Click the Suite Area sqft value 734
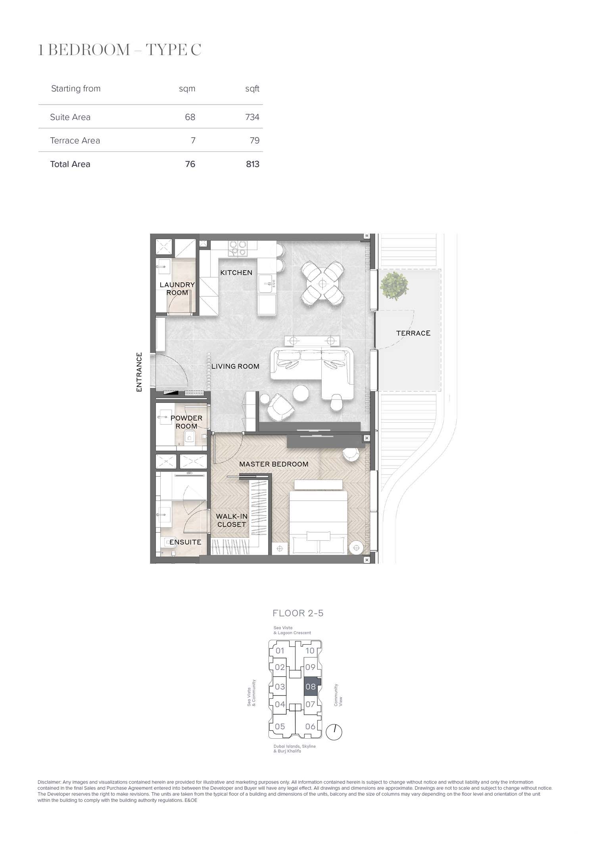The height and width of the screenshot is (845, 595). click(252, 117)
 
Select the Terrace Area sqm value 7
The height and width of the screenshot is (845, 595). click(193, 140)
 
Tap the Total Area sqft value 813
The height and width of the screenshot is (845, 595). click(252, 164)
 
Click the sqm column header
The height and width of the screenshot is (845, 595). click(187, 89)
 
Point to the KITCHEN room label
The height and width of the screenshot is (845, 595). click(236, 272)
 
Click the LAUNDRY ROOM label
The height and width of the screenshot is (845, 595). click(177, 289)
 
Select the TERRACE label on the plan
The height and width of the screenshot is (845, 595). click(413, 333)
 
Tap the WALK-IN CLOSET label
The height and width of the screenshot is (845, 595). click(232, 520)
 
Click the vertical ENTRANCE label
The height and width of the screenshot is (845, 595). click(139, 372)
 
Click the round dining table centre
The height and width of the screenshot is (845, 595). click(322, 284)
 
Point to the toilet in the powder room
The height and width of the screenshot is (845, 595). click(189, 438)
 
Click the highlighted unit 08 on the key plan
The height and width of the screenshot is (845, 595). click(311, 686)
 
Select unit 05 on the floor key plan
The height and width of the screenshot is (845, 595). click(280, 726)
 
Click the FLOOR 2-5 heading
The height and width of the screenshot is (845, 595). click(298, 613)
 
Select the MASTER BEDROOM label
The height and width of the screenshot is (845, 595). click(274, 464)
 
